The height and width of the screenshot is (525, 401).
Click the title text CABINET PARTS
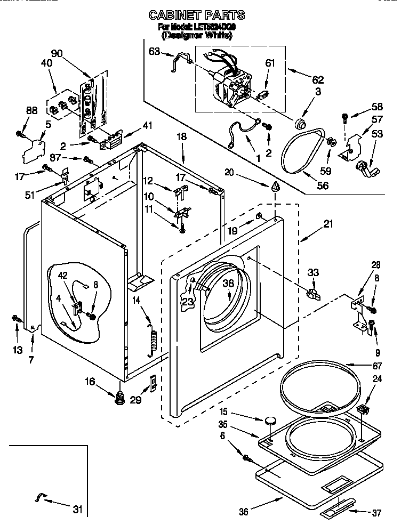(x=197, y=15)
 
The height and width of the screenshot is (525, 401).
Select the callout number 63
(x=154, y=51)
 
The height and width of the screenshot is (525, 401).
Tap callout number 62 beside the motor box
(x=318, y=80)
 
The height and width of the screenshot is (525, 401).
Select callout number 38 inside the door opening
(x=228, y=285)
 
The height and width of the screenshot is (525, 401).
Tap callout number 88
(x=31, y=110)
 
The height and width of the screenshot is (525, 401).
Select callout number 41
(x=147, y=126)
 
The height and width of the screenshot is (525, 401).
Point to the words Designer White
(x=197, y=35)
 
